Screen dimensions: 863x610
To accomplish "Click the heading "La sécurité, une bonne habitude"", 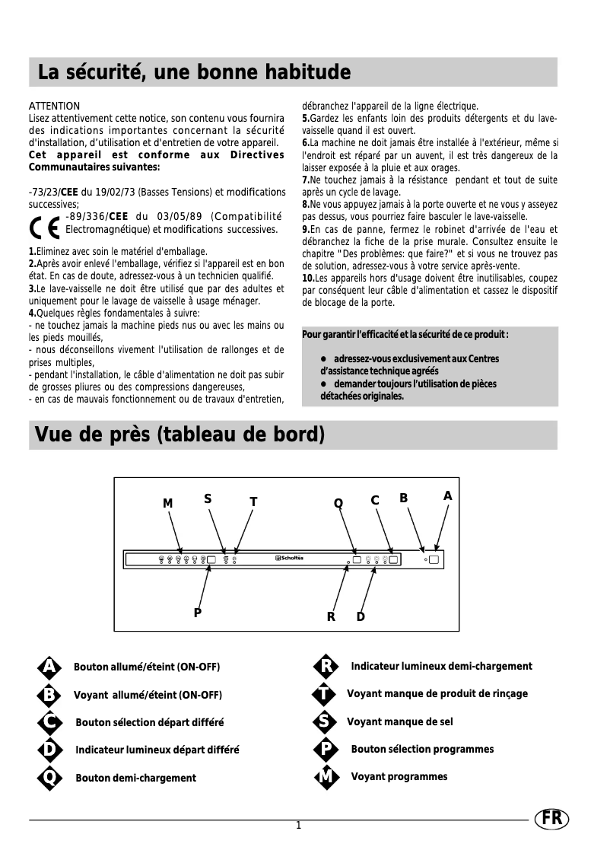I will point(194,73).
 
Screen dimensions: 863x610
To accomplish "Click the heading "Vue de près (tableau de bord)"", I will point(181,435).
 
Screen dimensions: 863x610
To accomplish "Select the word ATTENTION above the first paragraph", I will point(54,106).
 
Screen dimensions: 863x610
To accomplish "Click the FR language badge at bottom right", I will point(551,819).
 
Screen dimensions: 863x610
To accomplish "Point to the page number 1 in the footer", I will point(299,826).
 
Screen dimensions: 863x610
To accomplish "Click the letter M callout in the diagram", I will point(168,504).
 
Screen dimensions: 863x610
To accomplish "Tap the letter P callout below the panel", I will point(197,612).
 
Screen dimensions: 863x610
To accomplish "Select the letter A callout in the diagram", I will point(448,495).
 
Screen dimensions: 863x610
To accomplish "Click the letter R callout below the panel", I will point(331,616).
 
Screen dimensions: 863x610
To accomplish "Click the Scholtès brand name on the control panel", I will point(289,559).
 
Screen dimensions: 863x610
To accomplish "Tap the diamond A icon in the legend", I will point(49,667).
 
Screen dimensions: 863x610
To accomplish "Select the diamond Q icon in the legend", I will point(49,778).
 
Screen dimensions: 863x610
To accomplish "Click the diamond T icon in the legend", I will point(325,694).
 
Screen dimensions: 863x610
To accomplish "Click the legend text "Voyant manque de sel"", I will point(399,721).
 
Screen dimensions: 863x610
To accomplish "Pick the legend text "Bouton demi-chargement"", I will point(135,778).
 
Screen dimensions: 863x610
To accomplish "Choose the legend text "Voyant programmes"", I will point(399,776).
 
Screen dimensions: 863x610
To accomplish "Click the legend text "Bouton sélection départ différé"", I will point(149,722).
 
